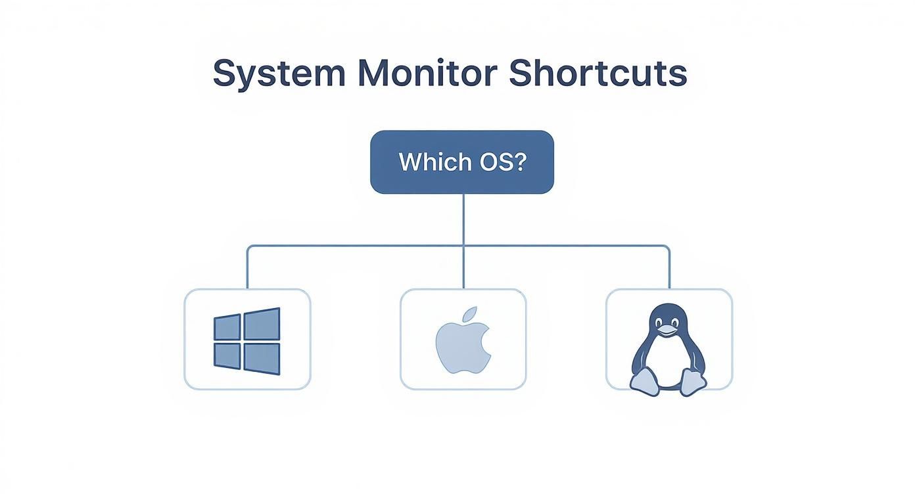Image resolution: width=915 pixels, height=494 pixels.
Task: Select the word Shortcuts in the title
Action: (x=598, y=74)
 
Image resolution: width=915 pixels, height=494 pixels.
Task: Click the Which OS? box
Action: (x=462, y=162)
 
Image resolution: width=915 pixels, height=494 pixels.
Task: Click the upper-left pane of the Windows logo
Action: (x=227, y=327)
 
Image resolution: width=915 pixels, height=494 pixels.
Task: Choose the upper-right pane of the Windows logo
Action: (x=262, y=324)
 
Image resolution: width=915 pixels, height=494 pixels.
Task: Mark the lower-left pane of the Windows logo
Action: (x=227, y=355)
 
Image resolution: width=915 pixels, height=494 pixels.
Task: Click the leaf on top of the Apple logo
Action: (x=469, y=314)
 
